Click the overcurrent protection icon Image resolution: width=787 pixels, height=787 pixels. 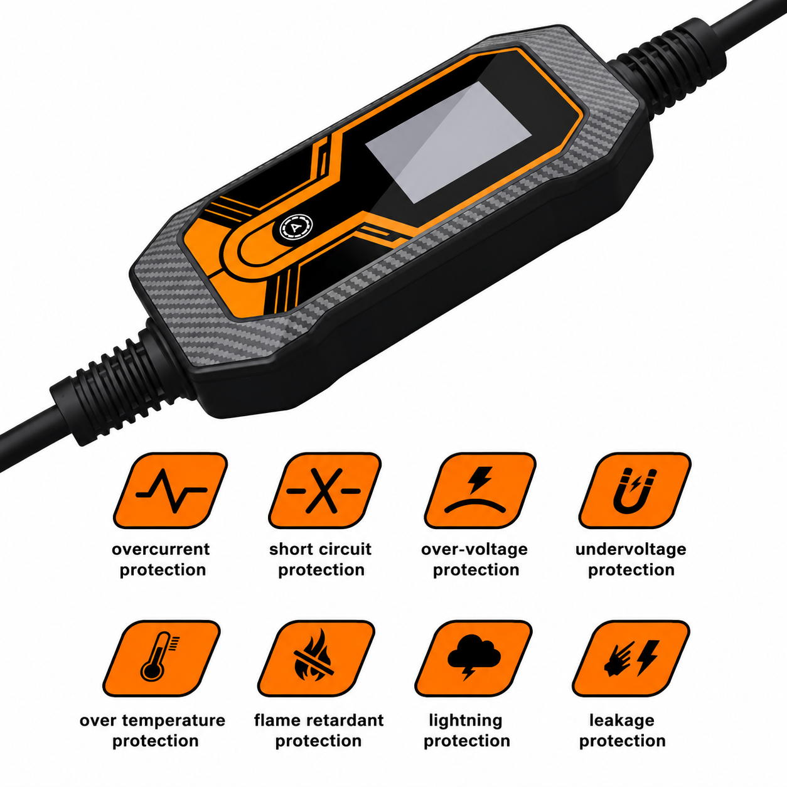tap(171, 490)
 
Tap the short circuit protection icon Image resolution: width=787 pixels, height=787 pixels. tap(324, 490)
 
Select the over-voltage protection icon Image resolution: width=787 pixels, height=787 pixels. tap(480, 490)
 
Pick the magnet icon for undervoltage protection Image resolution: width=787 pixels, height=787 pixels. tap(634, 490)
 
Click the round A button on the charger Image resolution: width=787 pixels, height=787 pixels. tap(296, 227)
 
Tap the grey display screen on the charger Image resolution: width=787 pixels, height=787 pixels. tap(448, 142)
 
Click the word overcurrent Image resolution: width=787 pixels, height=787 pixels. tap(161, 549)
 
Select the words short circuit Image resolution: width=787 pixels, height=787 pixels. tap(320, 549)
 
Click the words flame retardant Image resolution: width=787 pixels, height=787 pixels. tap(319, 720)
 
